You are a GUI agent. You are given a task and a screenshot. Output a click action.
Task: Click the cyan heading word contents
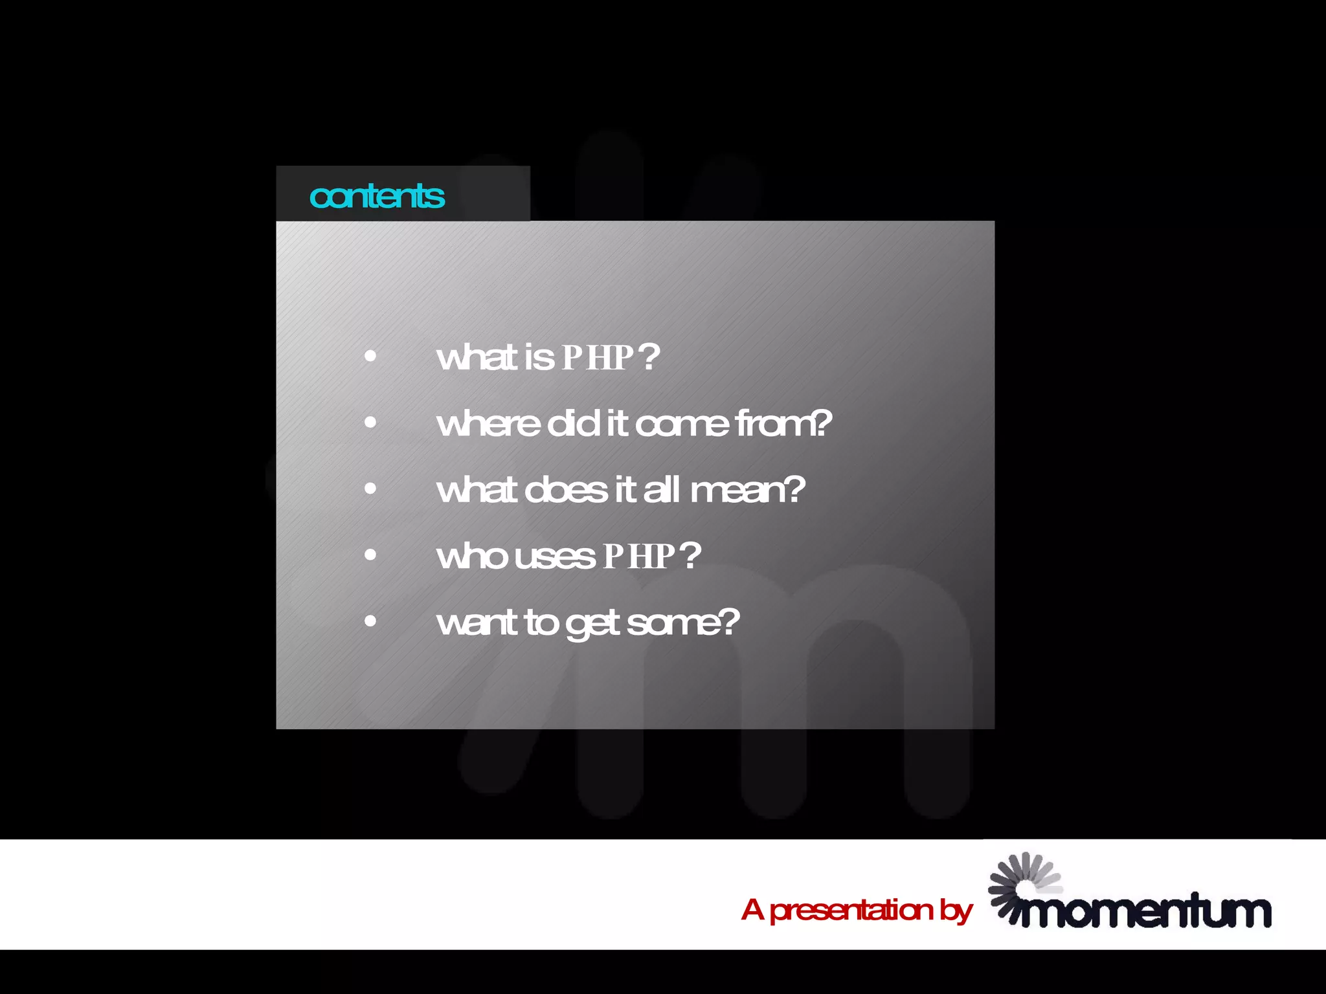(x=377, y=196)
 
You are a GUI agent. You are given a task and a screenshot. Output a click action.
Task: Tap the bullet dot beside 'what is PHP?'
(x=370, y=356)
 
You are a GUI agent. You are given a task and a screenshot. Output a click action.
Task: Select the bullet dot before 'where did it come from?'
(x=370, y=423)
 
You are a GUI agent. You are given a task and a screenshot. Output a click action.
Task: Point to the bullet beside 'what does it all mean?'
(x=370, y=489)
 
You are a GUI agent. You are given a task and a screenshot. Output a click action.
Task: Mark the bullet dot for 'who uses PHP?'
(x=370, y=555)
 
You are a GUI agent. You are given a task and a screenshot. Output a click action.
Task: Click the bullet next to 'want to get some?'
(x=370, y=621)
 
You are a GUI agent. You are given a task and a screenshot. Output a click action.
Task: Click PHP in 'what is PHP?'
(x=597, y=357)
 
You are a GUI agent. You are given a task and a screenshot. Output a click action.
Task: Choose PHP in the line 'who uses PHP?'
(x=639, y=556)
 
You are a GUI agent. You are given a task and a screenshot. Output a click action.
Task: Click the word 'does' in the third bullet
(x=565, y=490)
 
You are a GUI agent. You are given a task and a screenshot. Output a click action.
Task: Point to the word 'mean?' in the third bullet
(x=748, y=490)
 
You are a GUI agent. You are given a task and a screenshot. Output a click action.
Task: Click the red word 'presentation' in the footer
(x=851, y=910)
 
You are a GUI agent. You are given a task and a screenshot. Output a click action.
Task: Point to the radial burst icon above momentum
(x=1025, y=881)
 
